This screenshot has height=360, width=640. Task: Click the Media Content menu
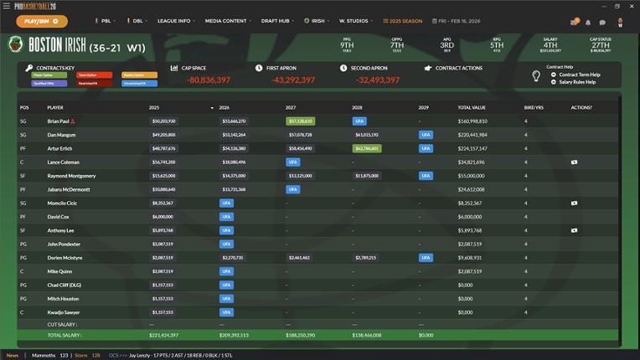click(x=227, y=21)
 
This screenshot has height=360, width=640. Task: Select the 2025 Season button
click(x=404, y=21)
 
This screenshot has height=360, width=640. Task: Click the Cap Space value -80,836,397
click(x=209, y=80)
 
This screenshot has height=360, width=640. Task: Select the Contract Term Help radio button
click(x=554, y=75)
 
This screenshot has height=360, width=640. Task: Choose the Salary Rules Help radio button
click(x=554, y=82)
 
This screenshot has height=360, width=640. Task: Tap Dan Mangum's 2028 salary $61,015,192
click(x=367, y=135)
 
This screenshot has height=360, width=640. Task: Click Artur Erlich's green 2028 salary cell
click(x=366, y=148)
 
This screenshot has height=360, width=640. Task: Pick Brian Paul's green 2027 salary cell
click(x=300, y=121)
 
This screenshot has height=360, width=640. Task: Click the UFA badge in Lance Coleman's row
click(x=292, y=162)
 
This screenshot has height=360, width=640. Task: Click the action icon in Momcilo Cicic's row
click(x=574, y=203)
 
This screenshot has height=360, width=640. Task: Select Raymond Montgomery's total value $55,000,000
click(x=472, y=176)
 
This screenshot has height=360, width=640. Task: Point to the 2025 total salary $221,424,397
click(x=164, y=335)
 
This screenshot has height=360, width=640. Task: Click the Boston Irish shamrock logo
click(x=16, y=45)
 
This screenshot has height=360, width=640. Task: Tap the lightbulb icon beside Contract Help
click(x=536, y=76)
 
